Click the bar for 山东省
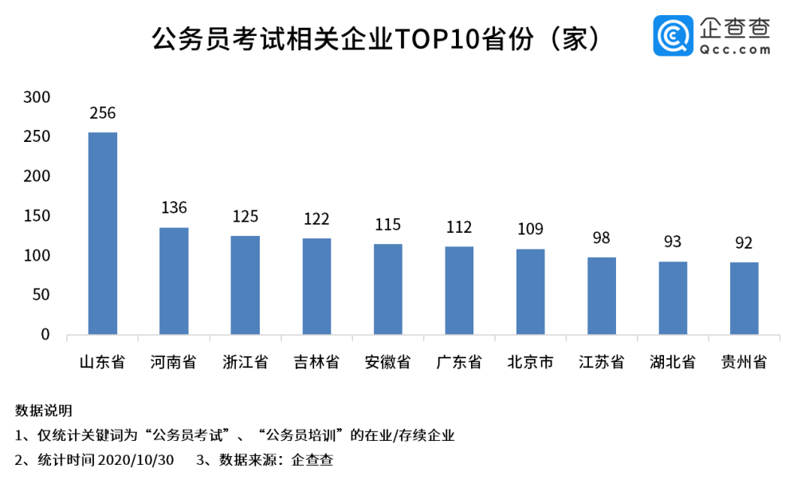point(102,233)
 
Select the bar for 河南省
point(174,281)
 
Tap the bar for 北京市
point(530,291)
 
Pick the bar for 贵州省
point(744,298)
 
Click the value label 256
point(103,113)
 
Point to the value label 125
point(245,216)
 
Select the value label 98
point(602,238)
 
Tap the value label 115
point(388,224)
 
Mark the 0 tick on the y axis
point(45,335)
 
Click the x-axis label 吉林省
point(316,362)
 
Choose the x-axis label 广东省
point(459,362)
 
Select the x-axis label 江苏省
point(602,362)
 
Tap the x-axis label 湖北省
point(673,362)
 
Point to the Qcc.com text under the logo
point(736,49)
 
